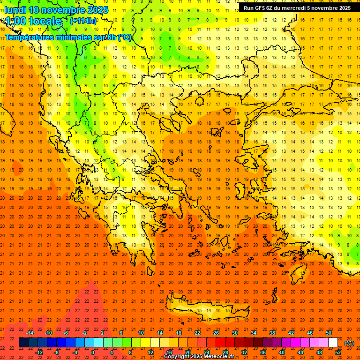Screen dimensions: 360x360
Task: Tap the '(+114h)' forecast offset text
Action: tap(83, 21)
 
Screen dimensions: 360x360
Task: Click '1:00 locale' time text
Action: tap(33, 21)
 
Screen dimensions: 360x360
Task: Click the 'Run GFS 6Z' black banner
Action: tap(297, 7)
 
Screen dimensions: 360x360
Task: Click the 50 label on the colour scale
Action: tap(329, 333)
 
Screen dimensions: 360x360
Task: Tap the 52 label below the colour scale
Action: tap(338, 352)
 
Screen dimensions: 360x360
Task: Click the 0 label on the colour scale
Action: tap(93, 352)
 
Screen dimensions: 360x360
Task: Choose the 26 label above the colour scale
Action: tap(216, 333)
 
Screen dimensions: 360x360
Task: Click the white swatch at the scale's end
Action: tap(333, 343)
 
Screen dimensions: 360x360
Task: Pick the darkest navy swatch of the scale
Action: tap(23, 343)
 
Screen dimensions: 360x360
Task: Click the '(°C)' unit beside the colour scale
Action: tap(349, 343)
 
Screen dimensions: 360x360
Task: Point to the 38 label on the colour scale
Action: tap(272, 333)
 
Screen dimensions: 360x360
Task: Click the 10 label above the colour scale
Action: tap(141, 333)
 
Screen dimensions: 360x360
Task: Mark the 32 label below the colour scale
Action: tap(244, 352)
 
